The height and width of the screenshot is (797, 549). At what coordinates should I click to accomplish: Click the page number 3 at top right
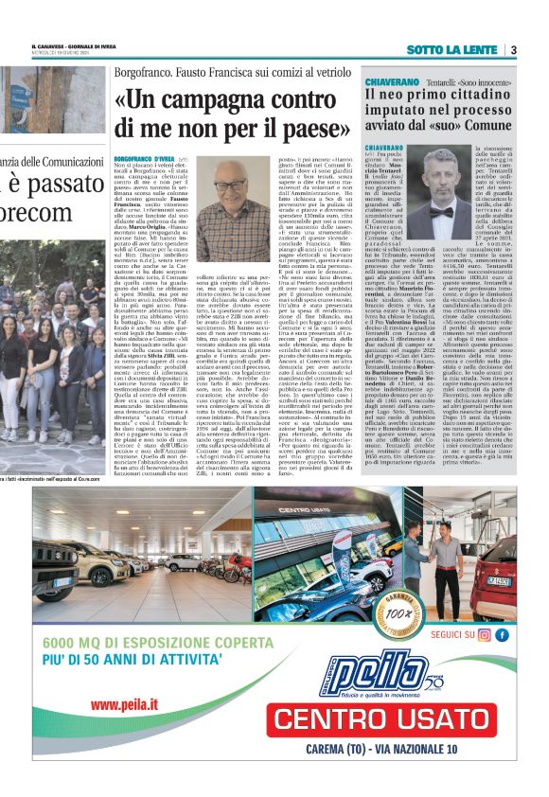point(512,50)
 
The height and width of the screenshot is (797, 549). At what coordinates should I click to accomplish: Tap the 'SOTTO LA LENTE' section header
point(458,50)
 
